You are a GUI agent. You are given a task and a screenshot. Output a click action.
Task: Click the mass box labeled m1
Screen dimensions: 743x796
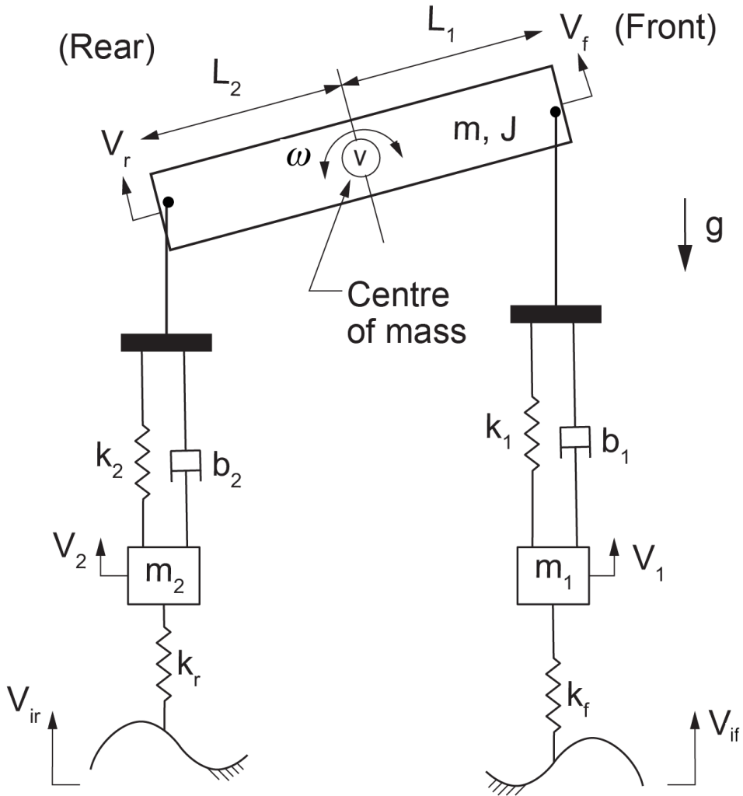[x=553, y=575]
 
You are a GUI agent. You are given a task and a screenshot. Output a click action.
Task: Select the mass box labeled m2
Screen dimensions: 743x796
[x=163, y=575]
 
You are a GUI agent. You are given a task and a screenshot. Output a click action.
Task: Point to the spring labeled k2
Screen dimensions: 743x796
[x=142, y=462]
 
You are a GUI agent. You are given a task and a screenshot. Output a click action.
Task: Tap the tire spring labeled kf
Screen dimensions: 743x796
[x=553, y=695]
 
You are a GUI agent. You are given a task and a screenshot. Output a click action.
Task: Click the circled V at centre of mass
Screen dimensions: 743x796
[x=361, y=158]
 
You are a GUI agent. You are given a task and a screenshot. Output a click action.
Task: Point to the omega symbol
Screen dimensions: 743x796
[x=298, y=157]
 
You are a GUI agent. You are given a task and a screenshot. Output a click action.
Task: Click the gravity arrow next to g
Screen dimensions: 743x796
[x=685, y=235]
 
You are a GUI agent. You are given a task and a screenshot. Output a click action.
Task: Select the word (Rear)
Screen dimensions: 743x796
[x=107, y=47]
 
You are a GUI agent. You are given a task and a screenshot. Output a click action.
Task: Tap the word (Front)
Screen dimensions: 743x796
[x=665, y=27]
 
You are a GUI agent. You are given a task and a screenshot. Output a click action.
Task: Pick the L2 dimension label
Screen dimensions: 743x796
[x=226, y=79]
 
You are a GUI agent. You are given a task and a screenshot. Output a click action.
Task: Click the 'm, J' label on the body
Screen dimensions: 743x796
[x=485, y=129]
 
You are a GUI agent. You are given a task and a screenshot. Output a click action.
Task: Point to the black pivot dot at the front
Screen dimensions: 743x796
[x=556, y=112]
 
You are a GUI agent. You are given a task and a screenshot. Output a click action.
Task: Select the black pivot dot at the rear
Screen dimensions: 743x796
[x=169, y=202]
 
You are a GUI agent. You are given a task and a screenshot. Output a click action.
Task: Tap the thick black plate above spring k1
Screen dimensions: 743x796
[x=556, y=314]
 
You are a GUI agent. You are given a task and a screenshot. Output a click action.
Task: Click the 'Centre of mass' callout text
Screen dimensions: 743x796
[x=406, y=312]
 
